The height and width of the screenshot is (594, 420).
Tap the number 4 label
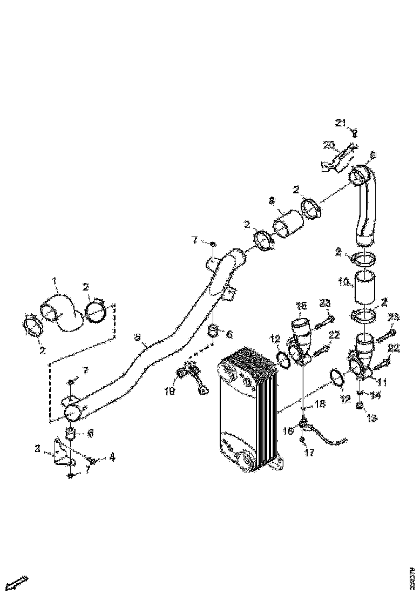[112, 457]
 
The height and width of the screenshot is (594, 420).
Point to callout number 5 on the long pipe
[138, 338]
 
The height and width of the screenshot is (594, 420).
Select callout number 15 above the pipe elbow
[300, 306]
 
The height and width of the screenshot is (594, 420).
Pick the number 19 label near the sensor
[170, 391]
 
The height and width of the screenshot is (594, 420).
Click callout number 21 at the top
[340, 123]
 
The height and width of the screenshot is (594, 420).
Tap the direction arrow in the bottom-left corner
[19, 583]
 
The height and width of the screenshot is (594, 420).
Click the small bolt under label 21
[355, 133]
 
